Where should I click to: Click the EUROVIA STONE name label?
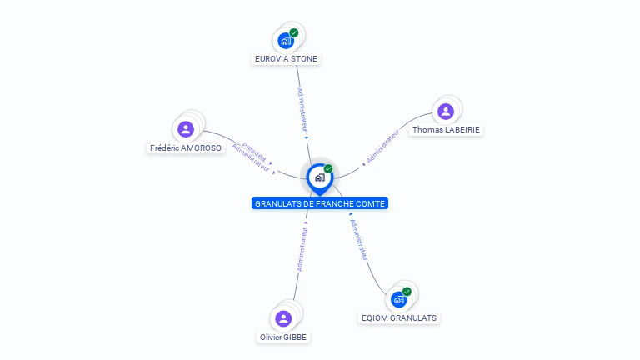tap(286, 59)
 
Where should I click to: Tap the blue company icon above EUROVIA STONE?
tap(286, 40)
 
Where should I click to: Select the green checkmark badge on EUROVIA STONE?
tap(294, 32)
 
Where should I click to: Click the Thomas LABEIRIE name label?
tap(446, 130)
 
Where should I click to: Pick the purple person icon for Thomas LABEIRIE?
tap(445, 111)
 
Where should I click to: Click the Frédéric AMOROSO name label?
tap(186, 147)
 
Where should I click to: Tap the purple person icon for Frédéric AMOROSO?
tap(186, 128)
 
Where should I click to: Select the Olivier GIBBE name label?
tap(283, 337)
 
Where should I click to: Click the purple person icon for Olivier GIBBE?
tap(283, 317)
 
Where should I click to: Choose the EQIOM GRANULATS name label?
tap(398, 317)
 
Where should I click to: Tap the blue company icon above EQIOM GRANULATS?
tap(398, 298)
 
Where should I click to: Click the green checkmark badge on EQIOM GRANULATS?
tap(407, 292)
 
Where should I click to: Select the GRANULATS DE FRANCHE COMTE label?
tap(320, 203)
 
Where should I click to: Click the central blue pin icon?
tap(319, 177)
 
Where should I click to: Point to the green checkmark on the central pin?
tap(328, 169)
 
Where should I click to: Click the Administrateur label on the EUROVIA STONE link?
tap(302, 108)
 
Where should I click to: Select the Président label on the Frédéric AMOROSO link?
tap(254, 149)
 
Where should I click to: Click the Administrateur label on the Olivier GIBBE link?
tap(302, 249)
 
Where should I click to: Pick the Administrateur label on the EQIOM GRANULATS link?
tap(359, 241)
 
